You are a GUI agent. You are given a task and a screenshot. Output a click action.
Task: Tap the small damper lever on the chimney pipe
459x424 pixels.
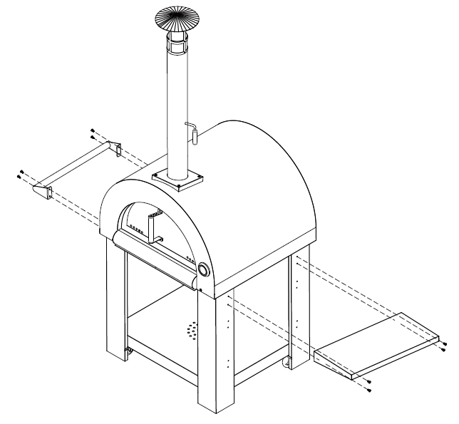point(191,130)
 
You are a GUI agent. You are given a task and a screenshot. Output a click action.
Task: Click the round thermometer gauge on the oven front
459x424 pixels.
point(204,271)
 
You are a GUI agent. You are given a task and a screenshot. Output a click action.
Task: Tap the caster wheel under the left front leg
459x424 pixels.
point(129,352)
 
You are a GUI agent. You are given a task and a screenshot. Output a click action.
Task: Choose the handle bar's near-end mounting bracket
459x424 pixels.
point(44,192)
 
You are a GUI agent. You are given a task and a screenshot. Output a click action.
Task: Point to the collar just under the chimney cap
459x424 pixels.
point(177,43)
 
